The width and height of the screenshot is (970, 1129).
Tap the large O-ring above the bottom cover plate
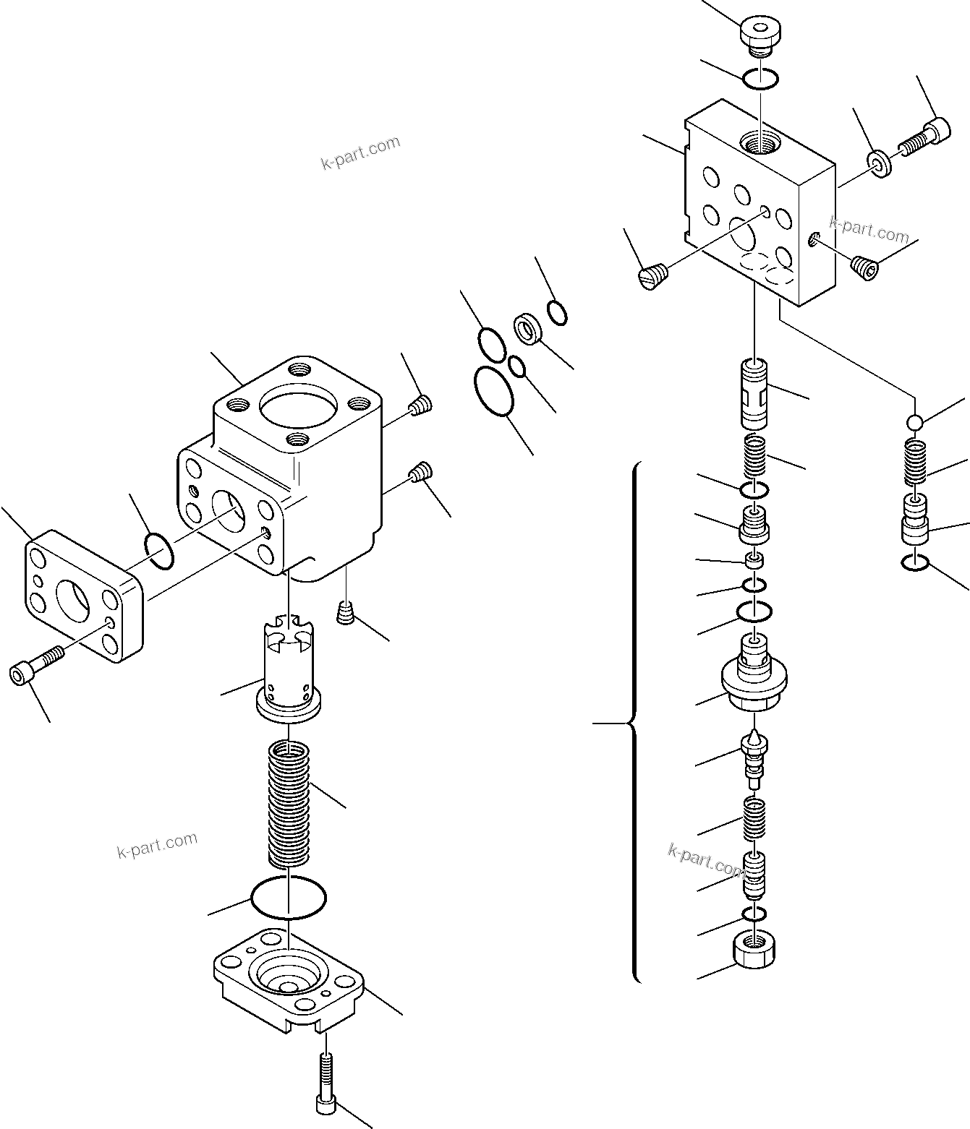click(288, 898)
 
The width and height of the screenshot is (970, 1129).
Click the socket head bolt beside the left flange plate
click(36, 665)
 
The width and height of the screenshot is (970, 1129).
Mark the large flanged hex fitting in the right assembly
click(754, 679)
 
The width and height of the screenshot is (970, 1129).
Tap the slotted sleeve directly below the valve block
click(755, 395)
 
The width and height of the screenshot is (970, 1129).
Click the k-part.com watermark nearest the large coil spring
click(157, 844)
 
